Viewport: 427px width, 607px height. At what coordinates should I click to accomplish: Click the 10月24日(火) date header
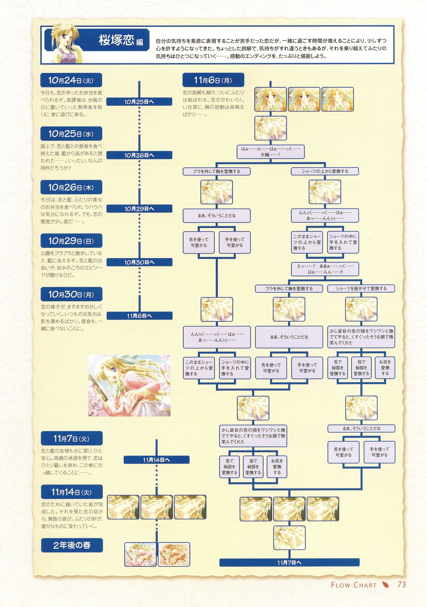tap(72, 80)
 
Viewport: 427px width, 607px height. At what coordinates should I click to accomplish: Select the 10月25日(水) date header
tap(72, 134)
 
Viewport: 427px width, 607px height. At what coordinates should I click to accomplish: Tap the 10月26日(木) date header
tap(72, 187)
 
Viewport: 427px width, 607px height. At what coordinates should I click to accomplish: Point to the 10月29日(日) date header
tap(72, 241)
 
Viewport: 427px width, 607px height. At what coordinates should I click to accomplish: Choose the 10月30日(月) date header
tap(72, 294)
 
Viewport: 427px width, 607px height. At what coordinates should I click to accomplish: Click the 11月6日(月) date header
tap(213, 80)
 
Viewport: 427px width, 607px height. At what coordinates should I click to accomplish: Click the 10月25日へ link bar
tap(139, 102)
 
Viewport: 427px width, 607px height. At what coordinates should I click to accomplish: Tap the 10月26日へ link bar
tap(139, 155)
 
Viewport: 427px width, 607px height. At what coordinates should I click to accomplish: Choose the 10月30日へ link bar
tap(139, 262)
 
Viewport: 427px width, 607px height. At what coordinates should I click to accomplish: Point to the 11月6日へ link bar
tap(139, 316)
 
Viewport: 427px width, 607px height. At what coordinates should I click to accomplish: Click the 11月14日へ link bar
tap(156, 460)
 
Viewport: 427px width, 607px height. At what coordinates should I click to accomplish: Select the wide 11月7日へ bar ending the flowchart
tap(289, 563)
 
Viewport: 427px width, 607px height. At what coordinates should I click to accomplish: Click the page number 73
tap(402, 585)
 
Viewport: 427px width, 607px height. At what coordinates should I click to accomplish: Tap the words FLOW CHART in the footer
tap(353, 585)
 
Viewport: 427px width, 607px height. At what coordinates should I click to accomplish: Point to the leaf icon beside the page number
tap(385, 585)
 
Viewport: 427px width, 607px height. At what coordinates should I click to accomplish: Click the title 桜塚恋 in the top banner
tap(116, 40)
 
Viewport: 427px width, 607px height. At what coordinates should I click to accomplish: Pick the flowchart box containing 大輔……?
tap(270, 152)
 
